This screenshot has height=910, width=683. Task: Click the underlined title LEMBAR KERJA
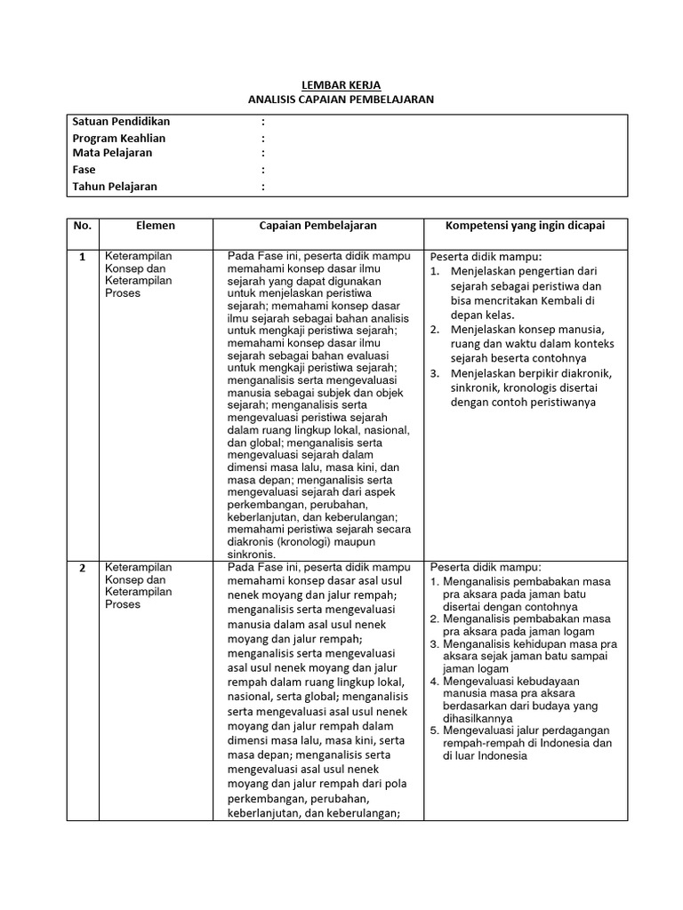point(341,84)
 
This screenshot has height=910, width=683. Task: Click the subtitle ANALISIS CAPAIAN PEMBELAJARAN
point(341,100)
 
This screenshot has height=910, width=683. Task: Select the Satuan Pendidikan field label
point(121,121)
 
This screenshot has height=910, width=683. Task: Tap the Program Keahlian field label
point(119,138)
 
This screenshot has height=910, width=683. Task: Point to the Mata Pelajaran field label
point(112,153)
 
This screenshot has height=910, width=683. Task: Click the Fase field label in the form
point(84,169)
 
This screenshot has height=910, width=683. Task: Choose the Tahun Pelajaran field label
point(115,187)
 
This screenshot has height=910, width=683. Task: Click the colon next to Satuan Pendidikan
point(263,121)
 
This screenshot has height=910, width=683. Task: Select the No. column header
point(83,226)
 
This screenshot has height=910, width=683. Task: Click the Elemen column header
point(156,226)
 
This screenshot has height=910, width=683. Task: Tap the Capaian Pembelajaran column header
point(317,226)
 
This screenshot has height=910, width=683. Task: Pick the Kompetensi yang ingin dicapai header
point(525,226)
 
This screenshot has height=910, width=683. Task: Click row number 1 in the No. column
point(83,257)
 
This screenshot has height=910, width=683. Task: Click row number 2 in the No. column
point(83,568)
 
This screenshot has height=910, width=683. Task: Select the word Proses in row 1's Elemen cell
point(123,293)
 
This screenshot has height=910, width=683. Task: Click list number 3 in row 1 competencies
point(435,373)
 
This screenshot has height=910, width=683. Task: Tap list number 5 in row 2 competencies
point(435,730)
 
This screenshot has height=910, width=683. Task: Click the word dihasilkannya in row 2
point(481,718)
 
